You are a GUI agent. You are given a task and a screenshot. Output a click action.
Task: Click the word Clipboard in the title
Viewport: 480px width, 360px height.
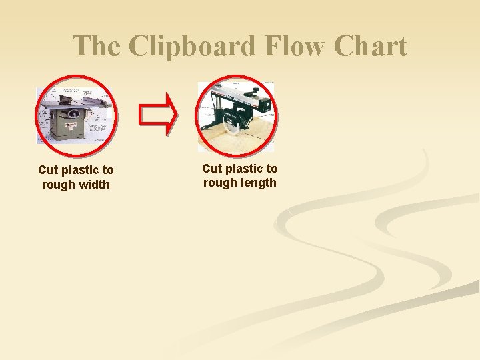click(x=193, y=47)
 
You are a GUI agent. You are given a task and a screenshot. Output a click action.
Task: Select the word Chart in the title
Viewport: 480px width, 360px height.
click(x=370, y=47)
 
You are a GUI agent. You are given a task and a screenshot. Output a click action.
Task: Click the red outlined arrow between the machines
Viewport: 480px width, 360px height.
click(x=157, y=114)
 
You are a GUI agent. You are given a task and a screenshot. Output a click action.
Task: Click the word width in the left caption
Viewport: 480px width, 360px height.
click(x=94, y=185)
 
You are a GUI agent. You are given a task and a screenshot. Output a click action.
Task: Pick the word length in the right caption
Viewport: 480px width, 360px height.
click(x=259, y=183)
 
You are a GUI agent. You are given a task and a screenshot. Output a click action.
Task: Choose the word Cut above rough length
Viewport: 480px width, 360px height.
click(x=213, y=169)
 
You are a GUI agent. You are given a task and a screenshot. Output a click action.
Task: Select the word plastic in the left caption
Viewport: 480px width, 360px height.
click(x=80, y=171)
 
